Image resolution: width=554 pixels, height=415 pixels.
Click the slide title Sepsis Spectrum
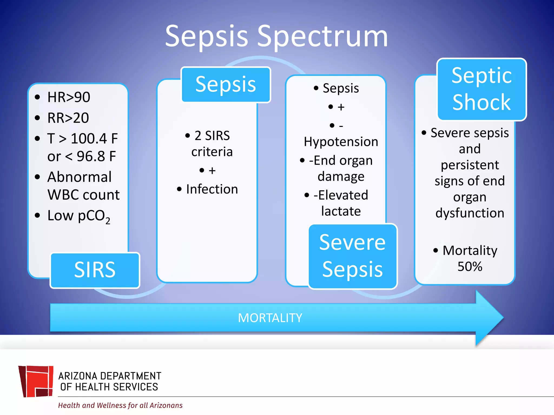[276, 36]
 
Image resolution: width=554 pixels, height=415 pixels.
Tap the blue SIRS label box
[95, 270]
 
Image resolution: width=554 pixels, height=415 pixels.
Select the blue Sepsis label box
[226, 85]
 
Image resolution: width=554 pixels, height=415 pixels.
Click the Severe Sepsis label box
[352, 256]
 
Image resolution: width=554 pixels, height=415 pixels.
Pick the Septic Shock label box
[482, 89]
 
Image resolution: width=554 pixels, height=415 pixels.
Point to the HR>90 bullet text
[69, 97]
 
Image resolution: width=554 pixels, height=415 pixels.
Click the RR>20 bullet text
[68, 118]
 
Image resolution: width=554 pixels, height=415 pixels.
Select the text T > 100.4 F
[83, 139]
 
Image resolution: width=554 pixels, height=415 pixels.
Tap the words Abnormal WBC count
[83, 186]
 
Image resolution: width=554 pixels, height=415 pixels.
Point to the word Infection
[212, 189]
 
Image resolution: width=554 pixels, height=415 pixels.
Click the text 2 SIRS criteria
[212, 143]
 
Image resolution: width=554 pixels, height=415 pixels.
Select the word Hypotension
[341, 142]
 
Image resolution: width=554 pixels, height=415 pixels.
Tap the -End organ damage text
[341, 168]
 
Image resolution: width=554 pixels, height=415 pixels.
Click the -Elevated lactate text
[341, 203]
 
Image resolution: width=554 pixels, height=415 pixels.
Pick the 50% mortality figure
[470, 267]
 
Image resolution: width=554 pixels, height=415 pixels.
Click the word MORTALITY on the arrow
[270, 318]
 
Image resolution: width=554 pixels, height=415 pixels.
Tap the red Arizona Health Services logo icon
[36, 381]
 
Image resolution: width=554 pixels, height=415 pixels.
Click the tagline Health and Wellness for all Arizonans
[120, 405]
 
